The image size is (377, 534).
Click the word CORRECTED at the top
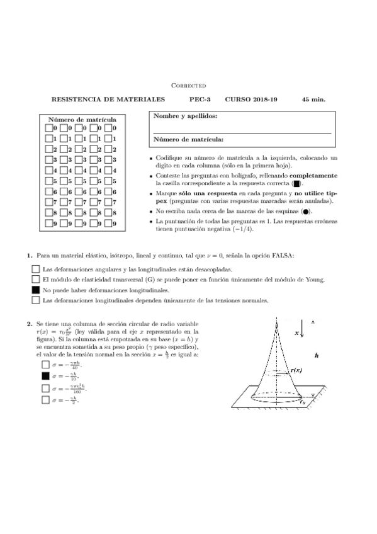pos(189,85)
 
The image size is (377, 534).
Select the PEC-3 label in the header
pos(201,99)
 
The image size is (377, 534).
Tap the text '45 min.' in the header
pos(313,99)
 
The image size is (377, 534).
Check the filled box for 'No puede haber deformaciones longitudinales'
pos(35,290)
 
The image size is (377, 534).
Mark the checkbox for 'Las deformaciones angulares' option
pos(35,269)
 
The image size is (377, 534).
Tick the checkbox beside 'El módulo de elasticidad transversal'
pos(35,280)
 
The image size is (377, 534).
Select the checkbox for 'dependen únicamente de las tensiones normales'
pos(35,301)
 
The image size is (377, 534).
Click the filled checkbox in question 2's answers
pos(45,376)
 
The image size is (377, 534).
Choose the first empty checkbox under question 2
pos(45,365)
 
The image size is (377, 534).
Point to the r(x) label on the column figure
pos(296,371)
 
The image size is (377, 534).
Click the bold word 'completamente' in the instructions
pos(313,176)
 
